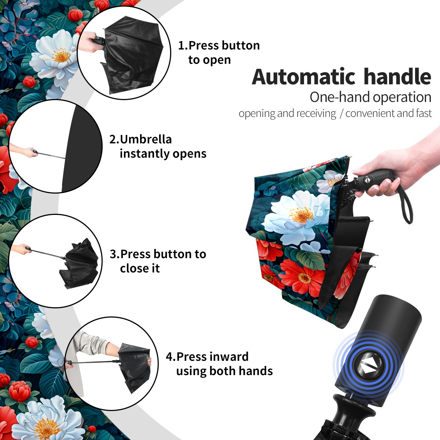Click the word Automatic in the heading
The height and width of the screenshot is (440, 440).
tap(304, 77)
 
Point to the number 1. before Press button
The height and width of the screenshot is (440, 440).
tap(183, 45)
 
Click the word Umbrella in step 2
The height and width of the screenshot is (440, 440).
tap(146, 139)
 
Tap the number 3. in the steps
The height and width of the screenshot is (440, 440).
tap(115, 254)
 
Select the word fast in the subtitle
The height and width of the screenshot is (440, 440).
tap(423, 113)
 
